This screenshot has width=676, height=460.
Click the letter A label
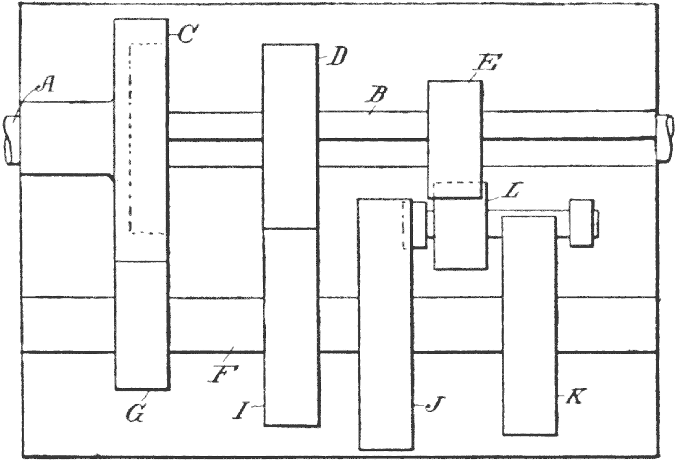(47, 85)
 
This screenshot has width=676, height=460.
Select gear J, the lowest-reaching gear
(385, 338)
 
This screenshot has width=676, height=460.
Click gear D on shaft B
(290, 135)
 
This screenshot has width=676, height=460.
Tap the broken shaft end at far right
(665, 139)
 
